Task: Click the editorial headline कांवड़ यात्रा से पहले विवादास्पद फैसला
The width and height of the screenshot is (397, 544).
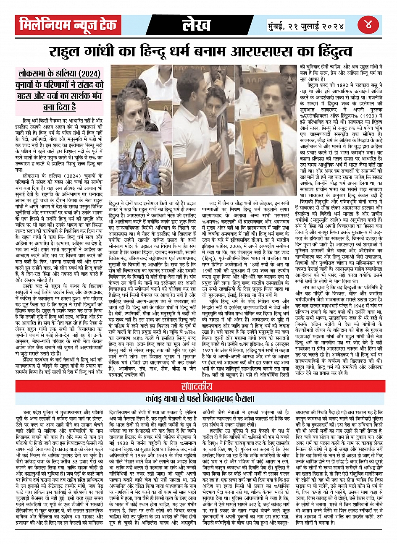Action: click(198, 397)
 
